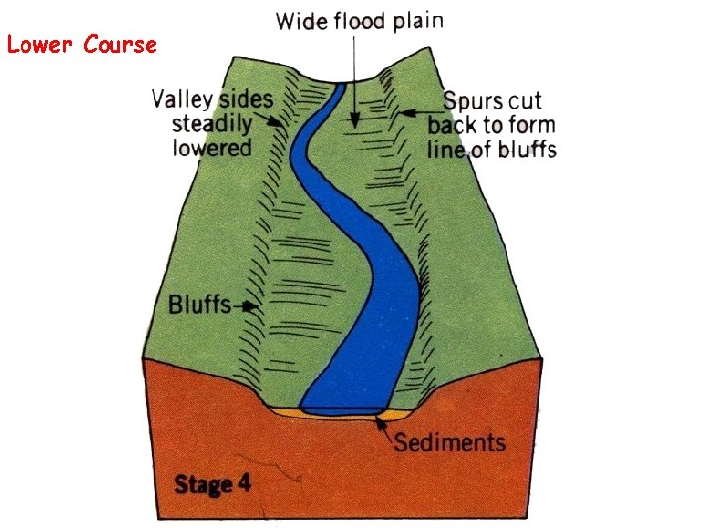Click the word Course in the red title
[120, 45]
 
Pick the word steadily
[211, 124]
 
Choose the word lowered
[212, 149]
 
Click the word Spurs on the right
[476, 101]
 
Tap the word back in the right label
[456, 125]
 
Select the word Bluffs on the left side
[198, 304]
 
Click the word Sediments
[450, 442]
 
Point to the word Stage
[202, 484]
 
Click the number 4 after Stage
[243, 483]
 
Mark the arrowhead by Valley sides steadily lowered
[283, 124]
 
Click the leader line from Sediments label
[385, 426]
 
